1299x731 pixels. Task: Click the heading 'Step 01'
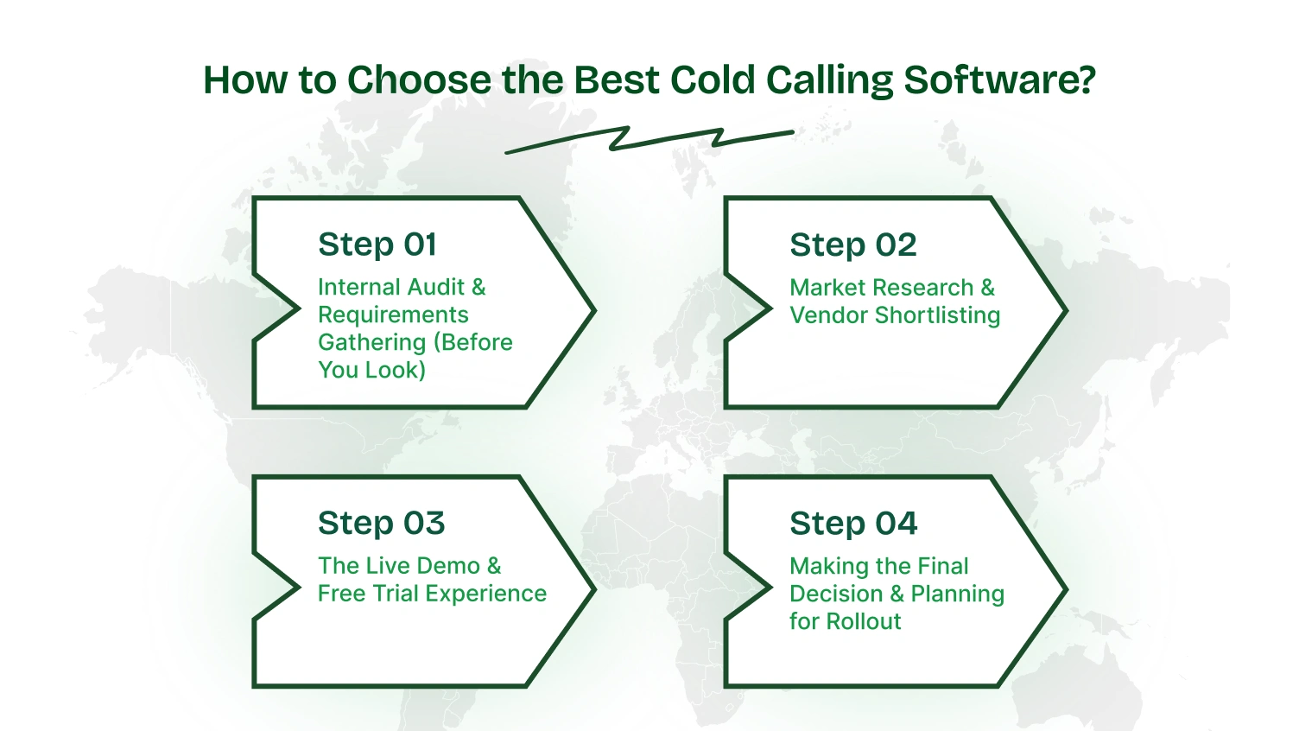pos(377,245)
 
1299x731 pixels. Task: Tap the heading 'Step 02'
pos(852,245)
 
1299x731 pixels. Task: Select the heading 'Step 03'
pos(381,524)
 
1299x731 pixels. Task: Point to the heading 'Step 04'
pos(853,524)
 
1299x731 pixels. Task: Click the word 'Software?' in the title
pos(999,80)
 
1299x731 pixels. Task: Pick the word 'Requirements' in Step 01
pos(393,315)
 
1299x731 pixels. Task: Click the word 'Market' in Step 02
pos(827,288)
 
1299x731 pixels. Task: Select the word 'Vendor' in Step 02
pos(828,315)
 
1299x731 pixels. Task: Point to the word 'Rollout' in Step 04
pos(863,621)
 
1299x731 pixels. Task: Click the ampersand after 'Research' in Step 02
pos(987,288)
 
